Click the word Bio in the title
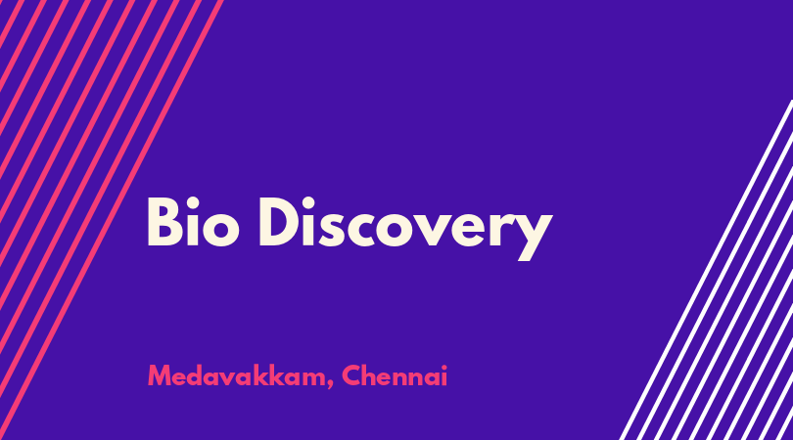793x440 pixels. point(193,222)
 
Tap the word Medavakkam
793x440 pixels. point(237,375)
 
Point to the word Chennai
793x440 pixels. point(395,375)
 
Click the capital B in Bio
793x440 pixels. point(164,222)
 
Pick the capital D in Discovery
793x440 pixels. point(280,222)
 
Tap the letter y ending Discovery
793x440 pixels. point(532,236)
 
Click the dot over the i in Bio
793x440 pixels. point(193,203)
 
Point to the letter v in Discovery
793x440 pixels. point(443,230)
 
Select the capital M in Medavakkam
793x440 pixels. point(160,375)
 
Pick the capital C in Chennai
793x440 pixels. point(351,375)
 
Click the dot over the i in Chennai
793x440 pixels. point(444,368)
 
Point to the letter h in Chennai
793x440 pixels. point(370,375)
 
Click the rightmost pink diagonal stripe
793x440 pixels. point(111,220)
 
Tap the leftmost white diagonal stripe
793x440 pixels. point(706,270)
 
